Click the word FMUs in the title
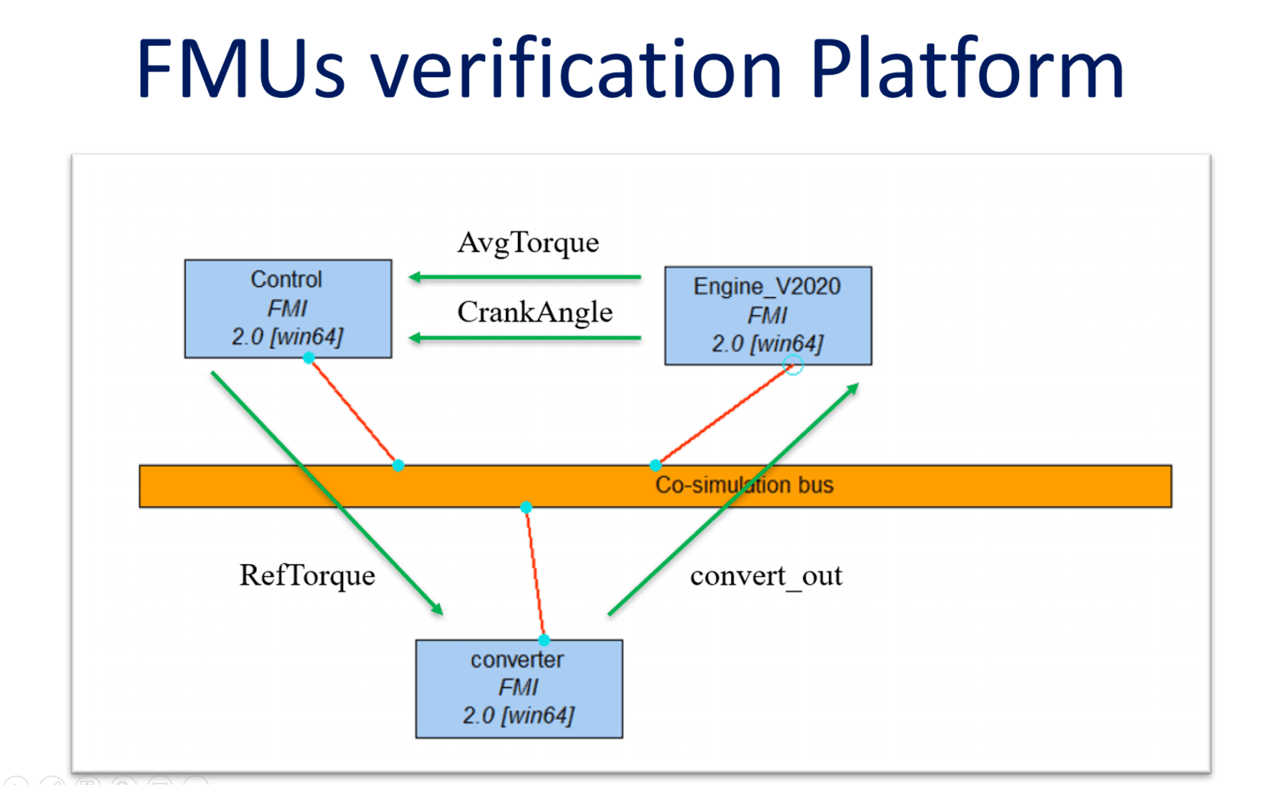(x=241, y=67)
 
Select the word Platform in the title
(x=967, y=67)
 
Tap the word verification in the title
(x=577, y=67)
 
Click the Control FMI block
(x=288, y=309)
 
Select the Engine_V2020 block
(x=768, y=316)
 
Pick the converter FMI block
(x=519, y=689)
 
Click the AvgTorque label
(x=528, y=243)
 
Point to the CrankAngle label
(x=535, y=313)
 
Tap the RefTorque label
(x=307, y=575)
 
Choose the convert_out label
(x=766, y=575)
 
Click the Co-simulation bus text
(x=744, y=485)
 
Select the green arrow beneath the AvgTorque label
(x=524, y=277)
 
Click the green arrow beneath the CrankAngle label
(x=524, y=338)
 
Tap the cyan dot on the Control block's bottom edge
(x=308, y=358)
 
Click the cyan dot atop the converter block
(x=544, y=640)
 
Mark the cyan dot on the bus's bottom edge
(x=526, y=507)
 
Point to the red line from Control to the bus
(x=353, y=411)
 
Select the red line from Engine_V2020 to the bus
(x=724, y=415)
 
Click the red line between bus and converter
(x=535, y=573)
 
